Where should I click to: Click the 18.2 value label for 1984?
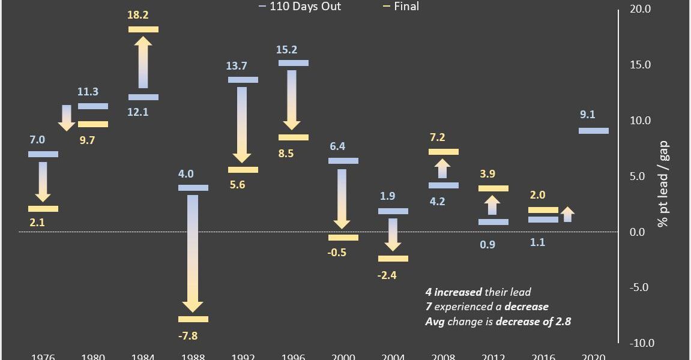coord(143,14)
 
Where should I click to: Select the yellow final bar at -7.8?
coord(193,319)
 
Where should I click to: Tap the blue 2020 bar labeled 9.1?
coord(593,131)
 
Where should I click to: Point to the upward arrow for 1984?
coord(143,63)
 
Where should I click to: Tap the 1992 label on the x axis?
coord(243,356)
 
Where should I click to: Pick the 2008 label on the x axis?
coord(443,356)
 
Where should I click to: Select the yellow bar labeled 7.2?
coord(444,152)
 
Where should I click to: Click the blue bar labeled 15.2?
coord(294,63)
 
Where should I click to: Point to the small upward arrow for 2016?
coord(567,214)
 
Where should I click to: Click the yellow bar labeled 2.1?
coord(43,209)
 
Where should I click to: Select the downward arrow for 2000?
coord(343,199)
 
